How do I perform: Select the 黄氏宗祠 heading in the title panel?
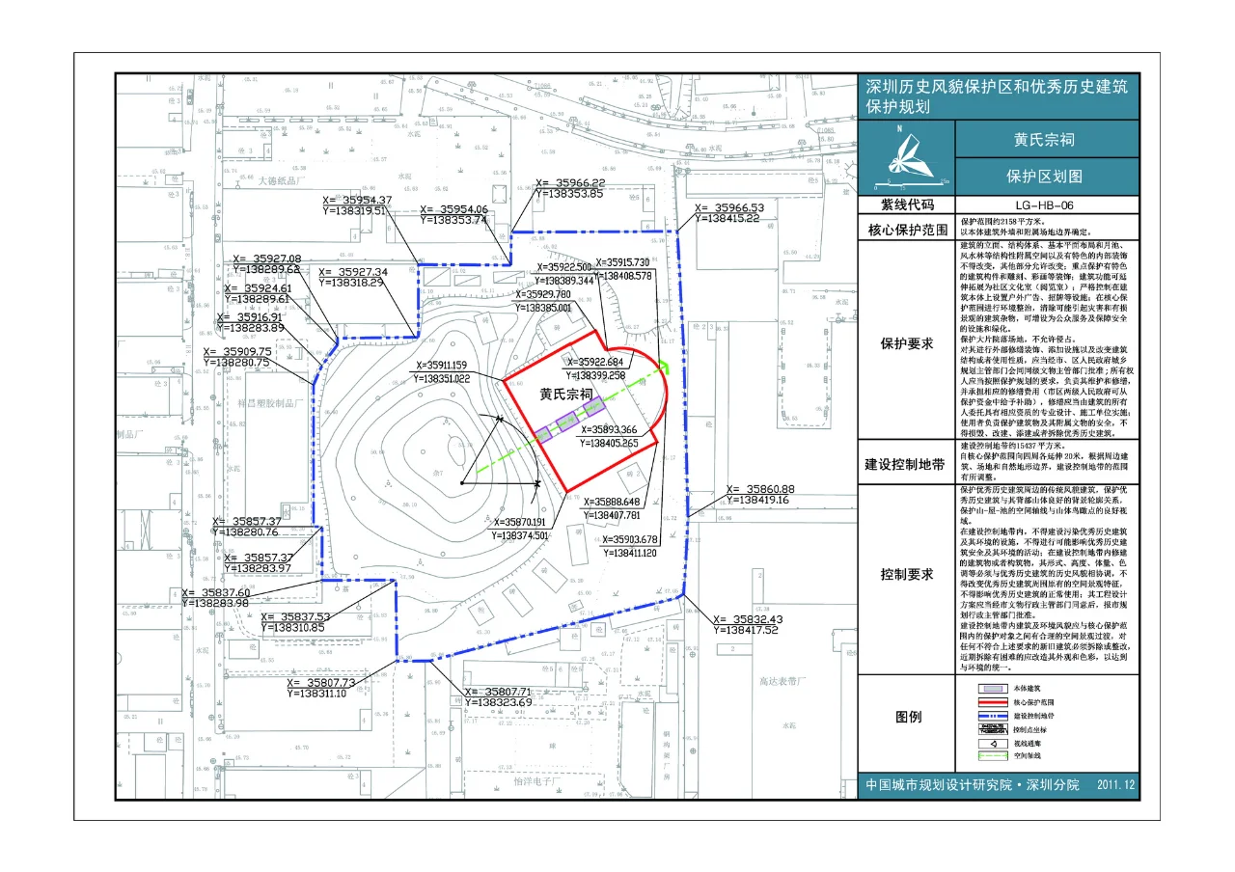1044,140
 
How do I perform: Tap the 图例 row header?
905,717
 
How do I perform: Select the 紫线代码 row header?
905,205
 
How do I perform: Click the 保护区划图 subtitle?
1044,177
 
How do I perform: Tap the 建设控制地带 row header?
905,464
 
